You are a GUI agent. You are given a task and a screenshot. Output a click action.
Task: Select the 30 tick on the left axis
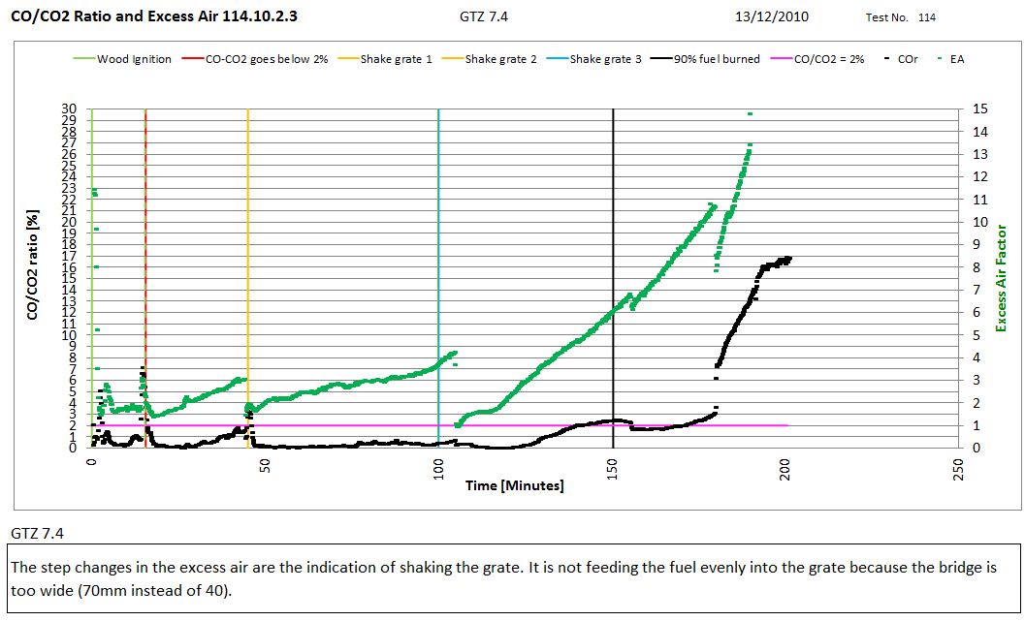(x=69, y=109)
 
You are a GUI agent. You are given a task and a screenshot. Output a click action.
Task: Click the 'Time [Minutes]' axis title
(x=514, y=485)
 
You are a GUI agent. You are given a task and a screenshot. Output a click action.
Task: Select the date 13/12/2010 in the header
(x=772, y=16)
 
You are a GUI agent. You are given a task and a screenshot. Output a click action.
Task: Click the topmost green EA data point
(x=750, y=113)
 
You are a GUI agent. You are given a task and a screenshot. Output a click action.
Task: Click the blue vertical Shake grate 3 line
(x=438, y=242)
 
